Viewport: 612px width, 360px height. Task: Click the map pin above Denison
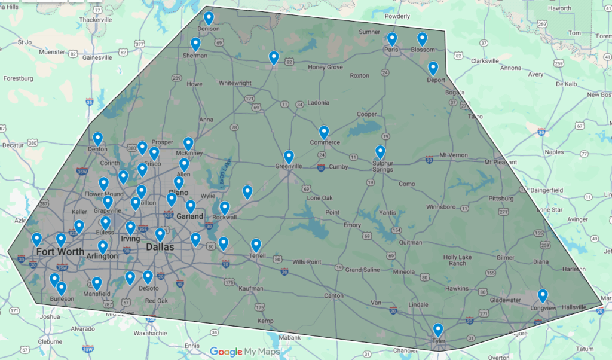point(209,18)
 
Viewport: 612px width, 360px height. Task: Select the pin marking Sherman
point(195,44)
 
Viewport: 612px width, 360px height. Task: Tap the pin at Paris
point(392,39)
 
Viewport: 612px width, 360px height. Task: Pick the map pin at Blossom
point(422,39)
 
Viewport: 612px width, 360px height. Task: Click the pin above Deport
point(433,68)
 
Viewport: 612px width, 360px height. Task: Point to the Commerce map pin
point(324,132)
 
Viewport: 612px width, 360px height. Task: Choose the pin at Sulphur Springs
point(381,152)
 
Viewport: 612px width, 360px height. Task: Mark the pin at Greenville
point(289,157)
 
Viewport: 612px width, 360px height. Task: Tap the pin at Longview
point(543,295)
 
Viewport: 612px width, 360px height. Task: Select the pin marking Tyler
point(438,330)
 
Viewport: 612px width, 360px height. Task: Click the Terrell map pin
point(256,245)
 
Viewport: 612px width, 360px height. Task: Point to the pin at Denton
point(98,139)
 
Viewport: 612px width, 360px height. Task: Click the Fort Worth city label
point(60,251)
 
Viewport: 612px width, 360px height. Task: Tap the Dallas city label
point(160,247)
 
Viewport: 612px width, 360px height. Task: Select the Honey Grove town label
point(326,67)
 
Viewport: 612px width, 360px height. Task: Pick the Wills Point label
point(307,262)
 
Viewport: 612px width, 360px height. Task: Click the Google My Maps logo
point(244,352)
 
